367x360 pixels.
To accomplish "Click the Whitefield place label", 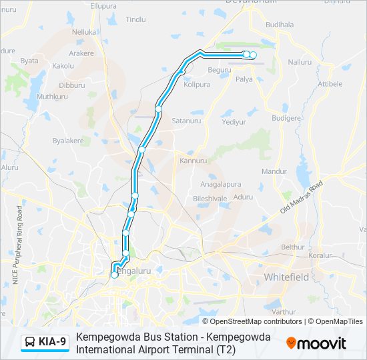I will point(286,276).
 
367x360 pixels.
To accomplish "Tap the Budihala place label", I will point(280,24).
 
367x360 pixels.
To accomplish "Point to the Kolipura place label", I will point(197,85).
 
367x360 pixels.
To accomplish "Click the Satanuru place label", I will point(186,121).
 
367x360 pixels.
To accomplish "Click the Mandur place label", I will point(274,171).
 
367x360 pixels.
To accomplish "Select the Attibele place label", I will point(330,83).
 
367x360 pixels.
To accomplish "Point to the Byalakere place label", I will point(68,141).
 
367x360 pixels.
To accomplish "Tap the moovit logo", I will point(316,343).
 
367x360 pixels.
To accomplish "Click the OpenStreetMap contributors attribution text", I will point(255,321).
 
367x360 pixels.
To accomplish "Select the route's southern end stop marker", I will point(114,274).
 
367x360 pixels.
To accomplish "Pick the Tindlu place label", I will point(135,19).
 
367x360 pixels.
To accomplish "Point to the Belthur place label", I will point(292,246).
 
